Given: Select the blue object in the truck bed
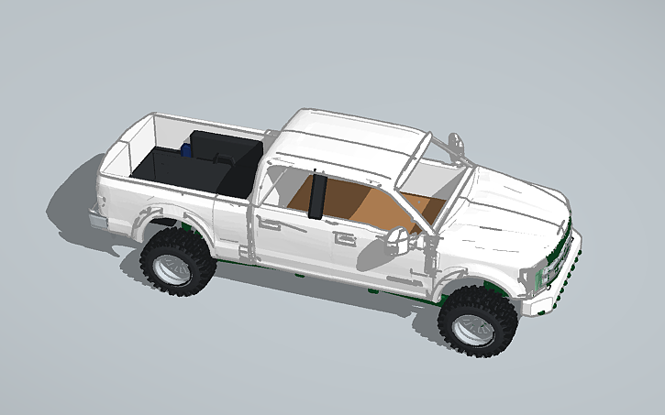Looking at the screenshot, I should coord(187,147).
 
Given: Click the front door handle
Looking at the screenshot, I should coord(346,240).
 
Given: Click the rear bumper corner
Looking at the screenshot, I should coord(97,221).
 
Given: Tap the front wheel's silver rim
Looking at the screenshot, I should coord(473,327).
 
